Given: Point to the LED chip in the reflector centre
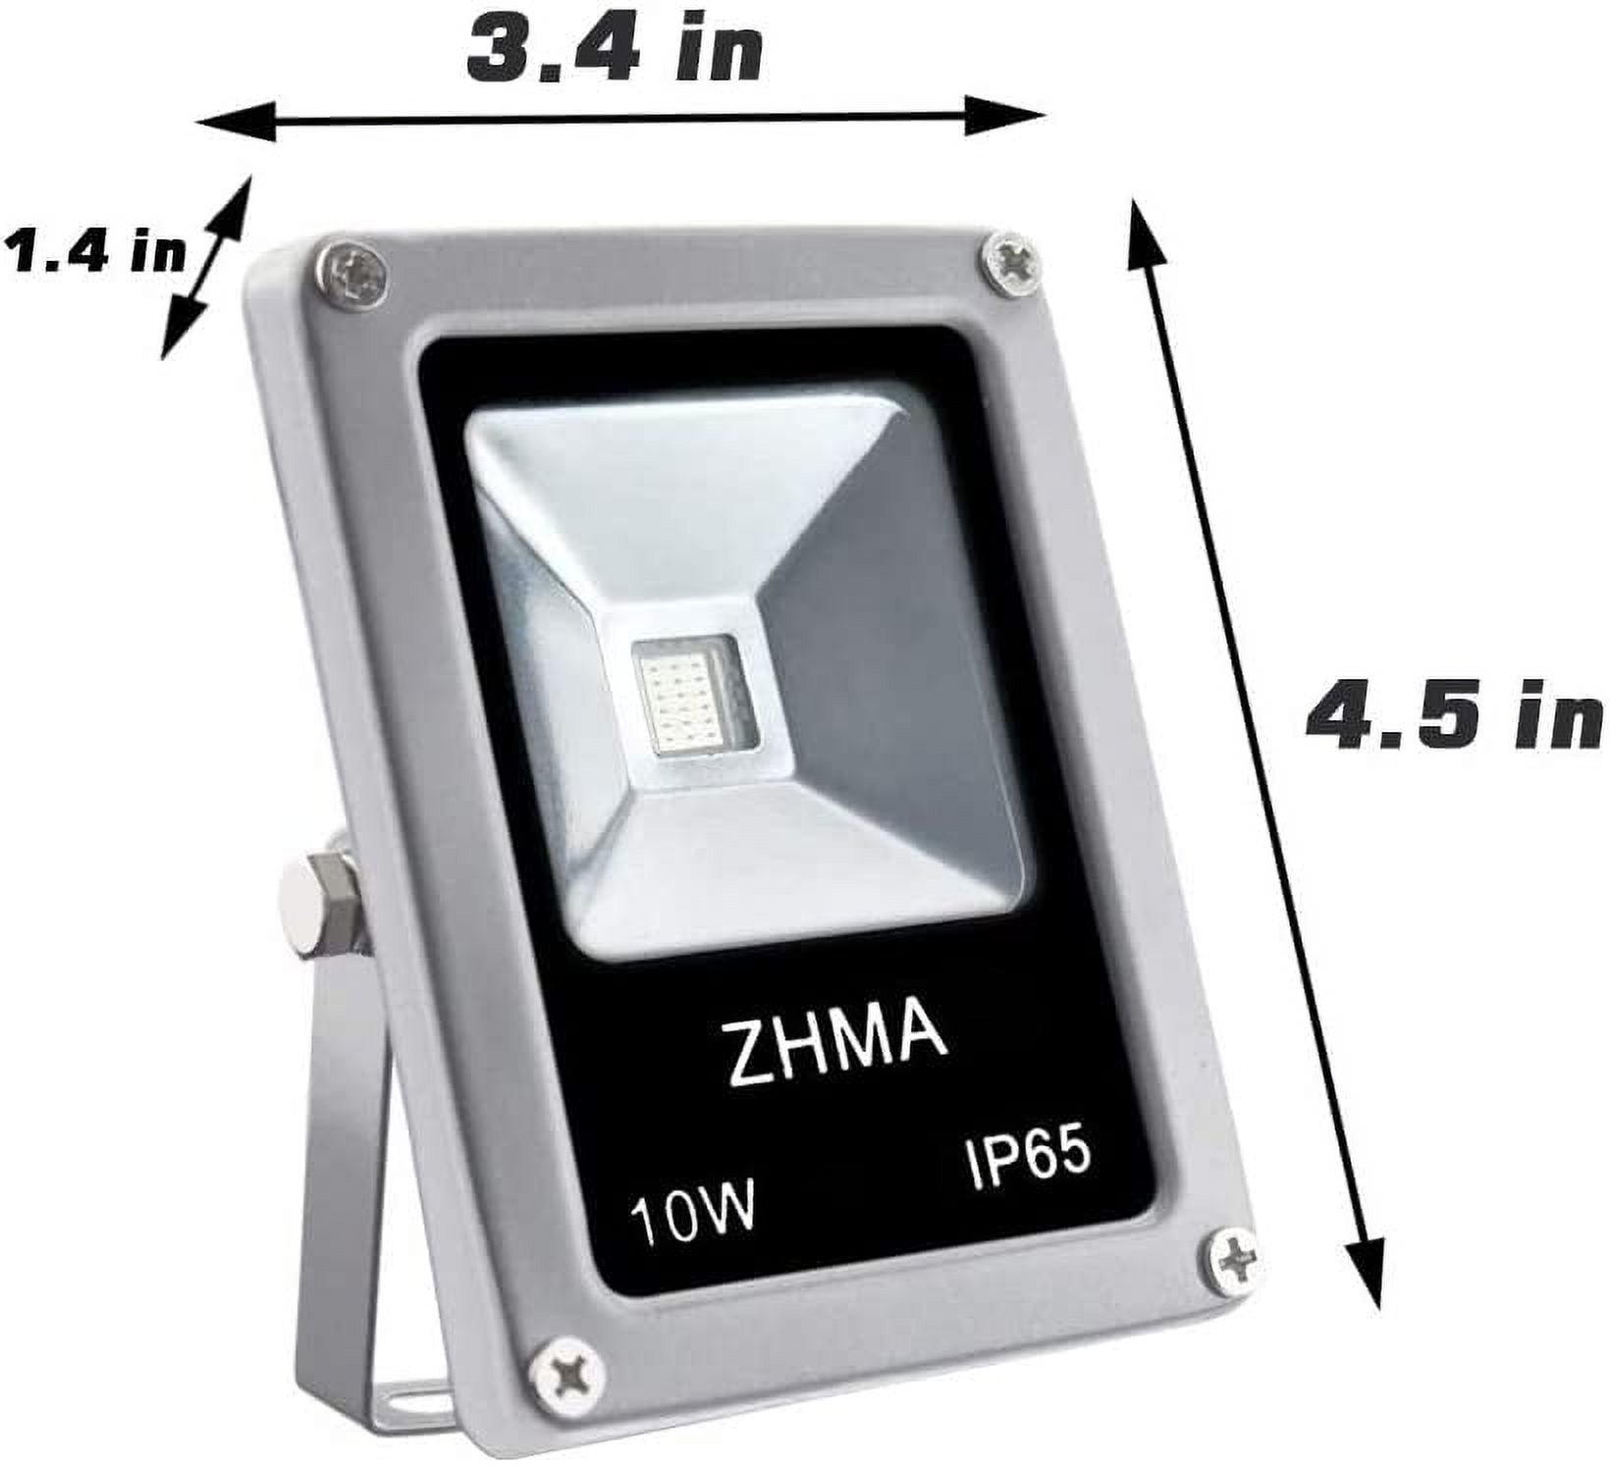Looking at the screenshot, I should [687, 694].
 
